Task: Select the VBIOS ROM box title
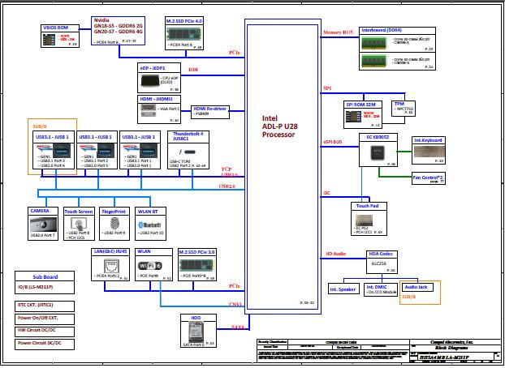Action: pyautogui.click(x=55, y=28)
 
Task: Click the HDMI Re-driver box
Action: pyautogui.click(x=209, y=111)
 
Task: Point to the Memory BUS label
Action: pyautogui.click(x=338, y=33)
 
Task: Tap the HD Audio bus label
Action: pyautogui.click(x=337, y=254)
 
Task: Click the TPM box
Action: pyautogui.click(x=399, y=108)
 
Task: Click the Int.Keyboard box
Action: pyautogui.click(x=428, y=141)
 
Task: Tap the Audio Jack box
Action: pyautogui.click(x=417, y=288)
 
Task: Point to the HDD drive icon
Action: pyautogui.click(x=195, y=332)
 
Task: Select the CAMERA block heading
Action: pyautogui.click(x=41, y=211)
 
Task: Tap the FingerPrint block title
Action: pyautogui.click(x=114, y=211)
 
